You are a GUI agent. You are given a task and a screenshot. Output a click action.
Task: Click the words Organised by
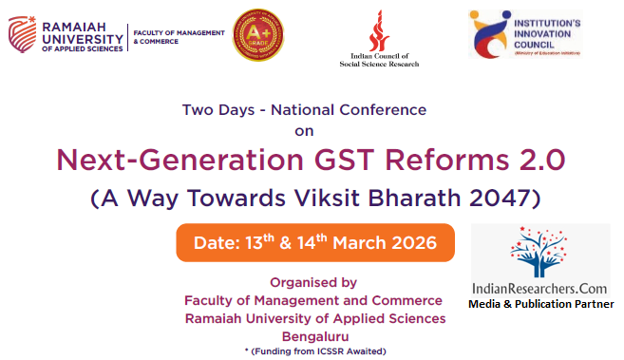[x=313, y=282]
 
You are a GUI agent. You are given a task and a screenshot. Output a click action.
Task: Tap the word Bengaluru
[x=313, y=336]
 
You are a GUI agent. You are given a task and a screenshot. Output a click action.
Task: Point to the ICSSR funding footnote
[x=313, y=351]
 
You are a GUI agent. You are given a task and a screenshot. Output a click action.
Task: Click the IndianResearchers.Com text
[x=540, y=287]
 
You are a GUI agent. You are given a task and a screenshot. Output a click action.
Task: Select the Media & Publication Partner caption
[x=540, y=304]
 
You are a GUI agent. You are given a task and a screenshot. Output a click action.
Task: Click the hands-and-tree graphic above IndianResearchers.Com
[x=539, y=252]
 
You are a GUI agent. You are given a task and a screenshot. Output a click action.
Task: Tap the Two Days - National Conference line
[x=304, y=109]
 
